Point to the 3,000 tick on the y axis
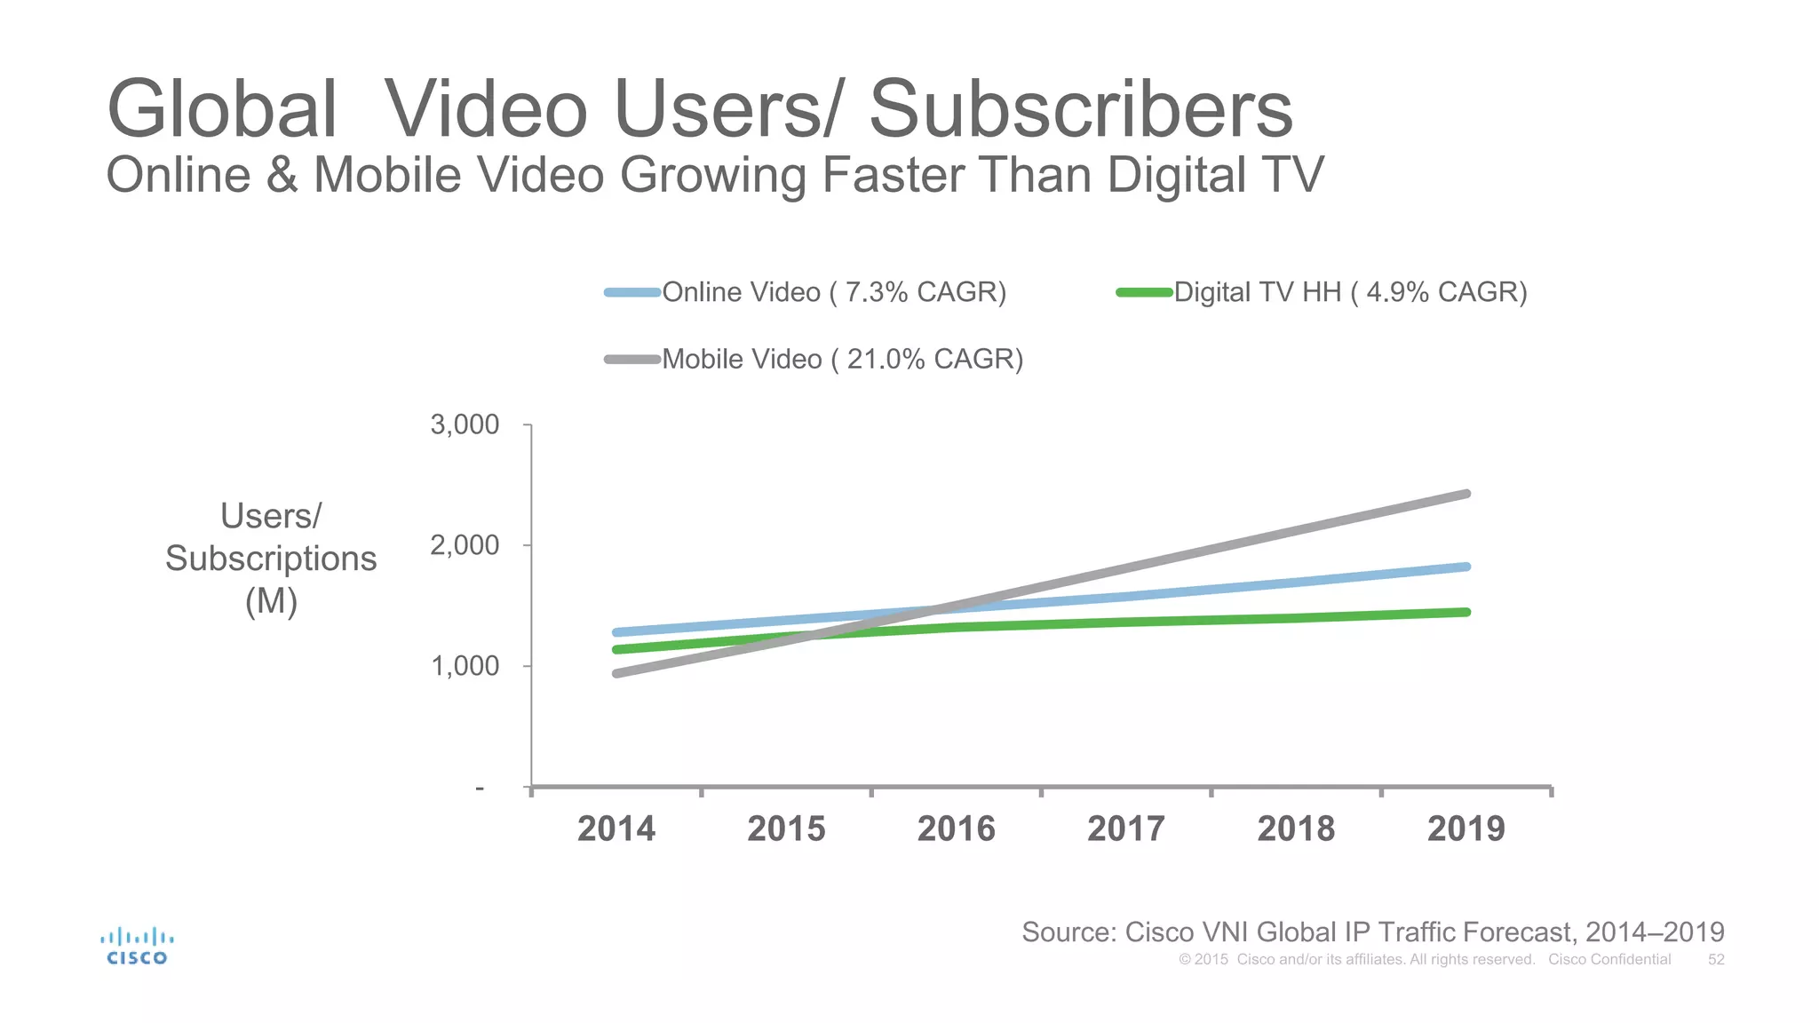(465, 424)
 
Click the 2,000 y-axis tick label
(465, 545)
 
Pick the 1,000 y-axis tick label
(465, 666)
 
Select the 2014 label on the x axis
(616, 829)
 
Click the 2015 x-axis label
(786, 829)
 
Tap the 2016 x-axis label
(957, 829)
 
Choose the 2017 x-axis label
(1126, 829)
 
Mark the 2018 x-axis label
(1296, 829)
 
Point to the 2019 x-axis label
(1466, 829)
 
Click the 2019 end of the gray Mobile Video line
(1466, 494)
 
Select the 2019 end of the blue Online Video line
(1466, 567)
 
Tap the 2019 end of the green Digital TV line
(1466, 612)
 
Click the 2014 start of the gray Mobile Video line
(616, 673)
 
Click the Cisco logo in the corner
(137, 947)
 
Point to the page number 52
(1716, 960)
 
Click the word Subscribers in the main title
(1080, 109)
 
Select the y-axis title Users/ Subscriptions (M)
(271, 559)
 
